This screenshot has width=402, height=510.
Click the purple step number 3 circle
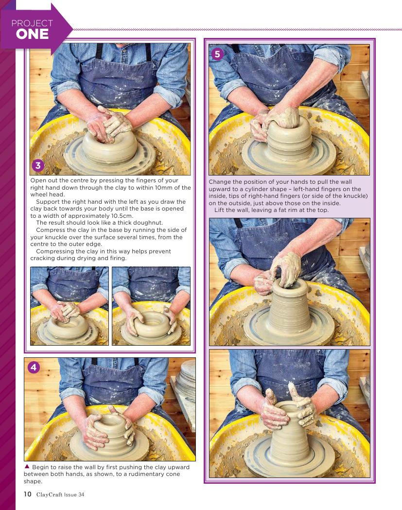point(38,166)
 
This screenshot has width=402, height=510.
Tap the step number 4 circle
point(34,368)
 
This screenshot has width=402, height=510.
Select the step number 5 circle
point(218,54)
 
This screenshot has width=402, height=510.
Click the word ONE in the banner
point(32,34)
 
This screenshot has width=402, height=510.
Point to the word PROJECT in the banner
point(32,23)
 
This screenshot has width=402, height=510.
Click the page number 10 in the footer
point(27,494)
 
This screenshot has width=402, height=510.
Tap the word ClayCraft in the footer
point(49,494)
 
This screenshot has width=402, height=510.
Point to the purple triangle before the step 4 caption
point(27,467)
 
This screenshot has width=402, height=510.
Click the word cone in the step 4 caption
point(173,474)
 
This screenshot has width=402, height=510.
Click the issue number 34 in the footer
point(81,494)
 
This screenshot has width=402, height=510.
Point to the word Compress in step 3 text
point(50,230)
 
